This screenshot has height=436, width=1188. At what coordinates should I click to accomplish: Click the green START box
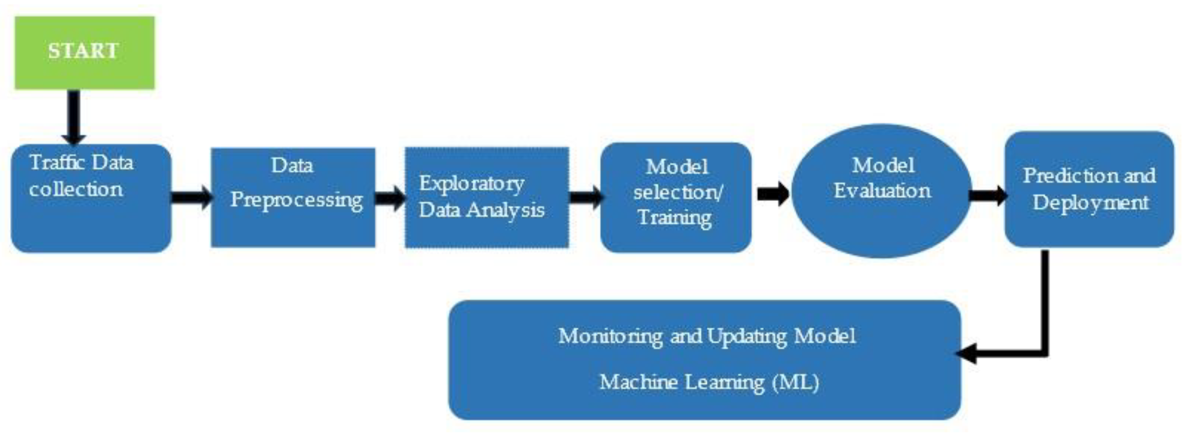point(85,53)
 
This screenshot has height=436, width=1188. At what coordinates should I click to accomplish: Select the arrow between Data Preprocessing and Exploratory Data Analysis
point(390,198)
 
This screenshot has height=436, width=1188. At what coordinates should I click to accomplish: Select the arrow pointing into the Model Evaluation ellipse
point(773,194)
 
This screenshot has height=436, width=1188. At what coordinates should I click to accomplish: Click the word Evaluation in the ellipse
point(882,191)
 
